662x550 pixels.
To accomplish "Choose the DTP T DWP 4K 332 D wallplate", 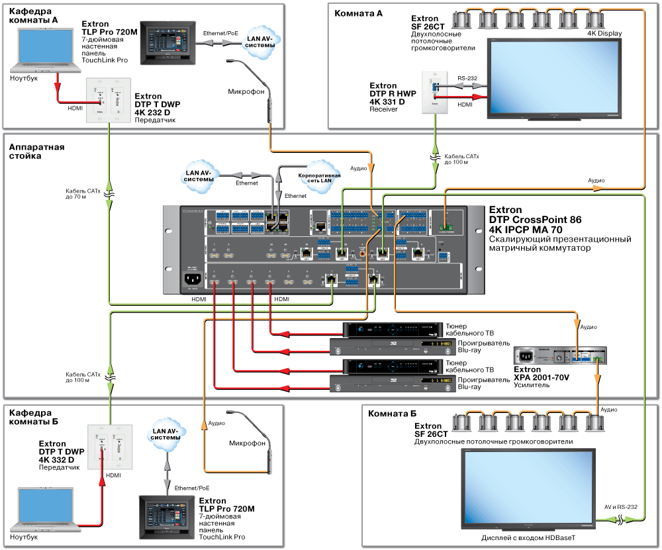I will point(111,448).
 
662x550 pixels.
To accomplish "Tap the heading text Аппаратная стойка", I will point(37,151).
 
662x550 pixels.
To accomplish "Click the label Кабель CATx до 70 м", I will point(85,192).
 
